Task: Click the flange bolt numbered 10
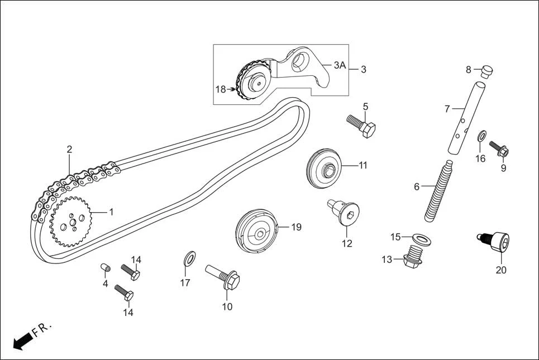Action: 223,277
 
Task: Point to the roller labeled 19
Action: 256,231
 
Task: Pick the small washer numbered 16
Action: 481,136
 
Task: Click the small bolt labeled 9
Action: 500,149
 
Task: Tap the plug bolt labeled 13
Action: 413,257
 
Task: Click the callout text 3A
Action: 340,65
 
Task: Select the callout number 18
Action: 221,89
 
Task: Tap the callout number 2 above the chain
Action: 69,149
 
